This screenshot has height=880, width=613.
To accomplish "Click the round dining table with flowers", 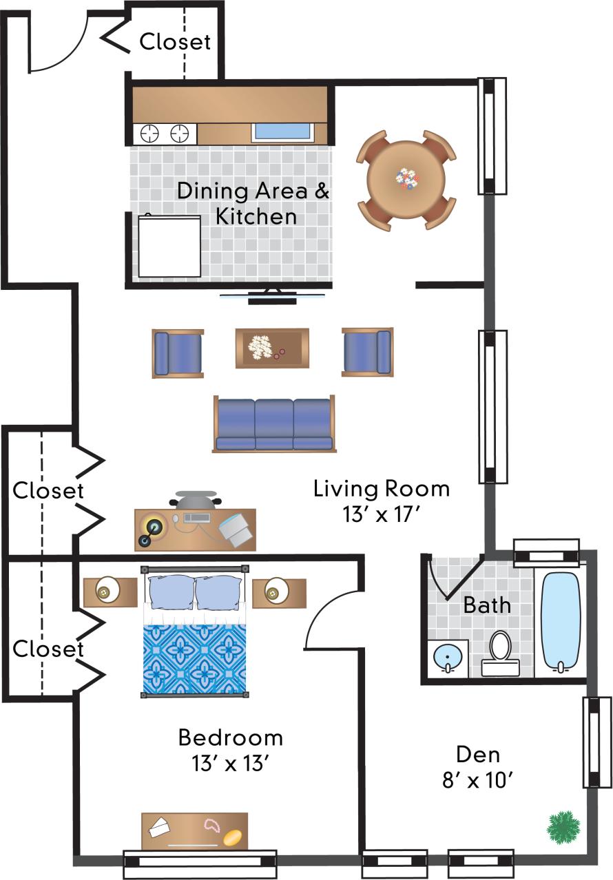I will [406, 180].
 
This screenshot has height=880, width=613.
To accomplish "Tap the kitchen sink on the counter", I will [283, 132].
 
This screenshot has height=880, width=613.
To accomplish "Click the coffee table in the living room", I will [272, 348].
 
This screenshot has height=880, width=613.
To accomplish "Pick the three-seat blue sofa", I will [273, 424].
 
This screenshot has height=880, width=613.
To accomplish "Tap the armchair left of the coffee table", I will [178, 353].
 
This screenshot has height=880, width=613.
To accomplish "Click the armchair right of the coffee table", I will [367, 352].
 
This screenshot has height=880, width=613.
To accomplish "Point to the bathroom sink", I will [448, 658].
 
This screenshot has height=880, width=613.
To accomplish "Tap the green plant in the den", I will [563, 827].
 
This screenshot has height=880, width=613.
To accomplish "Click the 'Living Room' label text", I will [382, 490].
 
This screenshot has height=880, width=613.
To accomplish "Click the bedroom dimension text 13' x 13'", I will [230, 763].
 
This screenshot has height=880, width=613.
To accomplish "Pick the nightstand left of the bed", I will [110, 592].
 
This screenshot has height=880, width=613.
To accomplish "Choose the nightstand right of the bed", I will [278, 592].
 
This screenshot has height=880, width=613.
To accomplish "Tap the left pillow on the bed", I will [172, 593].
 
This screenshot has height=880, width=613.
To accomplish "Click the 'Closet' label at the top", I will [175, 42].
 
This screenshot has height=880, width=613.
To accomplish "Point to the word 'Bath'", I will [487, 605].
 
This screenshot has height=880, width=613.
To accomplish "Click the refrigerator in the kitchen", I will [169, 247].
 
